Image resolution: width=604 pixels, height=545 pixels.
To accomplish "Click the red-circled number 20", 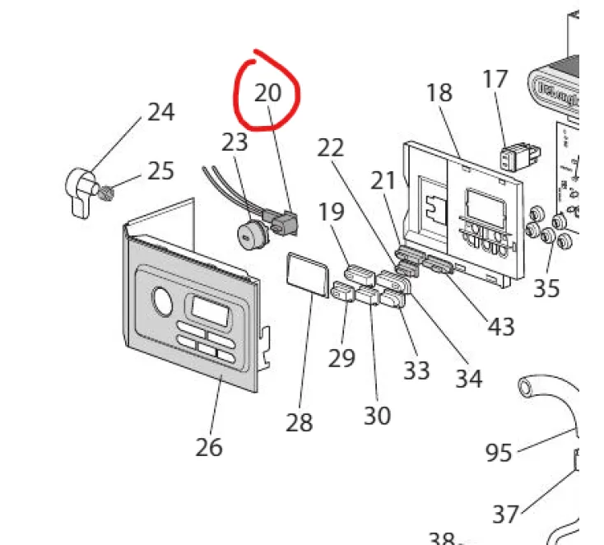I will point(268,92).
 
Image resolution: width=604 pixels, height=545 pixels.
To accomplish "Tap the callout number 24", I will point(161,112).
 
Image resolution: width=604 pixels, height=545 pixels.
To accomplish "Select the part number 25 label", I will point(161,171).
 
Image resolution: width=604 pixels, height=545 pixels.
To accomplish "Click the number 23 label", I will point(235,142).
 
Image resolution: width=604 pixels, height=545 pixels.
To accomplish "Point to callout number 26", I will point(209,447).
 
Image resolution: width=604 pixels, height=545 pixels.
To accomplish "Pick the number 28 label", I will point(300,423).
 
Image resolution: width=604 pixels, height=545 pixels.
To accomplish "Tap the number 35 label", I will point(546,288).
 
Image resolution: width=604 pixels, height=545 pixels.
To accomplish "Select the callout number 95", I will point(499,453).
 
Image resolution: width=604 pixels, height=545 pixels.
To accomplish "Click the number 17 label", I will point(495,80).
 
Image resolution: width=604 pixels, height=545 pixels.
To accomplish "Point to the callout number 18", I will point(439,93).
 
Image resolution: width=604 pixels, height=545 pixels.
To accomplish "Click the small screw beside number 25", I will point(106,193).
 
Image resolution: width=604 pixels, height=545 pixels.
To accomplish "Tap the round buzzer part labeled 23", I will point(251,235).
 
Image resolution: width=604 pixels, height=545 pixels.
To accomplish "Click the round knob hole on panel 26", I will point(164,302).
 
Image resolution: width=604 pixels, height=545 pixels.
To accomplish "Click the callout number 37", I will point(505,514).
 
